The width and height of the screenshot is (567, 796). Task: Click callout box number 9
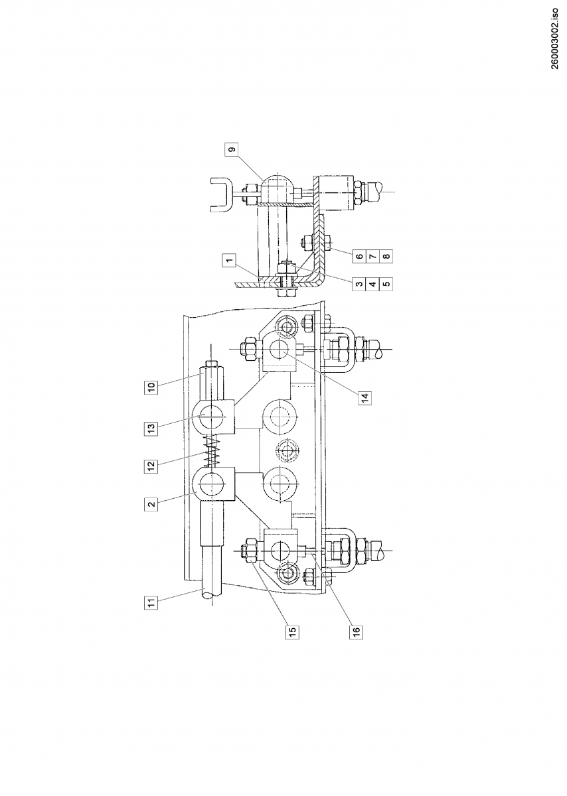[x=232, y=151]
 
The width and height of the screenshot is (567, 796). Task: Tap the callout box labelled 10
[x=151, y=387]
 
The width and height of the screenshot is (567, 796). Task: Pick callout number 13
[x=151, y=427]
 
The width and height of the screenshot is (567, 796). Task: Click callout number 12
[x=151, y=465]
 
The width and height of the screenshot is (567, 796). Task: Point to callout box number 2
[x=151, y=504]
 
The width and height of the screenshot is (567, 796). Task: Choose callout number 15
[x=293, y=630]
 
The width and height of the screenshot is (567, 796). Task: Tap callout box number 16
[x=357, y=630]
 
